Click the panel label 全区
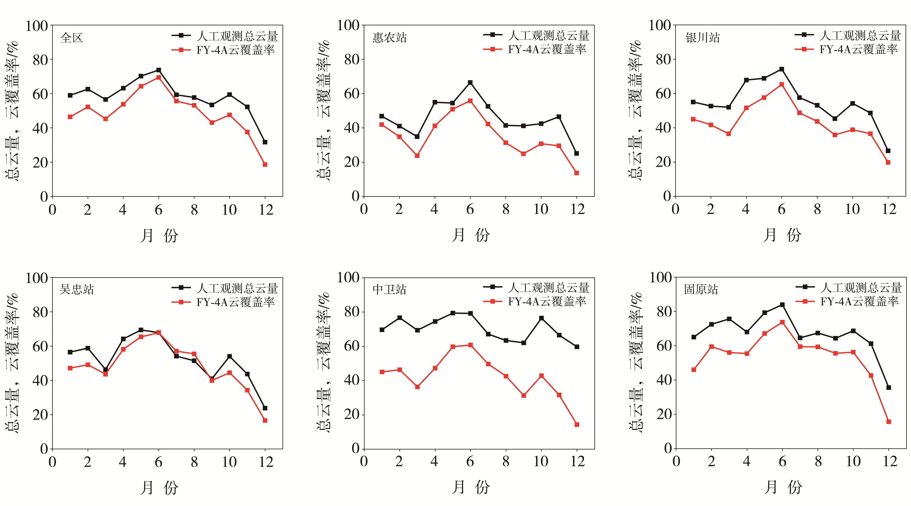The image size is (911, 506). [x=72, y=37]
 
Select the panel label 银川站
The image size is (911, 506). [x=702, y=37]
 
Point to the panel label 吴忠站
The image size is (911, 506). [x=77, y=289]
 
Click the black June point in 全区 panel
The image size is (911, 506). [x=158, y=70]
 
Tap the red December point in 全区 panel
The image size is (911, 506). [x=265, y=165]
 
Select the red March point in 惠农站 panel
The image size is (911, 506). [x=417, y=156]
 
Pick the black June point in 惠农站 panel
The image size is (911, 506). [x=470, y=82]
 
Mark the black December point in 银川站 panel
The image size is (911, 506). [x=888, y=151]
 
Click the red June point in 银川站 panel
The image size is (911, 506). [x=782, y=85]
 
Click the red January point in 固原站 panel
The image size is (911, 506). [x=693, y=370]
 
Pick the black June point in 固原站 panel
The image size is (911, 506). [x=782, y=304]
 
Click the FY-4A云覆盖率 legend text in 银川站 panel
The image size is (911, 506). [x=858, y=50]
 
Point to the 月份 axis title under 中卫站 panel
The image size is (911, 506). [x=471, y=487]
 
